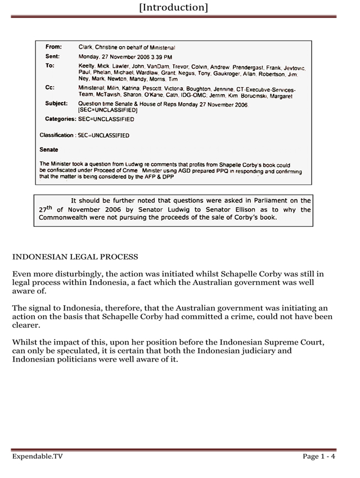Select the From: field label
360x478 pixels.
point(53,47)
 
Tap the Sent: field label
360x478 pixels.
point(52,57)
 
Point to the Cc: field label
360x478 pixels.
point(49,88)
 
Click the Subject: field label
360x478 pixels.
point(56,104)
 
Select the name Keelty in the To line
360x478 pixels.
point(87,67)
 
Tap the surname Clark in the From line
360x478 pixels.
point(86,47)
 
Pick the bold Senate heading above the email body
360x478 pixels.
point(49,150)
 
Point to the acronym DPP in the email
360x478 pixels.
point(168,177)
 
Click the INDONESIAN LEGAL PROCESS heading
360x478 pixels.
point(75,257)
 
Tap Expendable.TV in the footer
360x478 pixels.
point(37,457)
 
